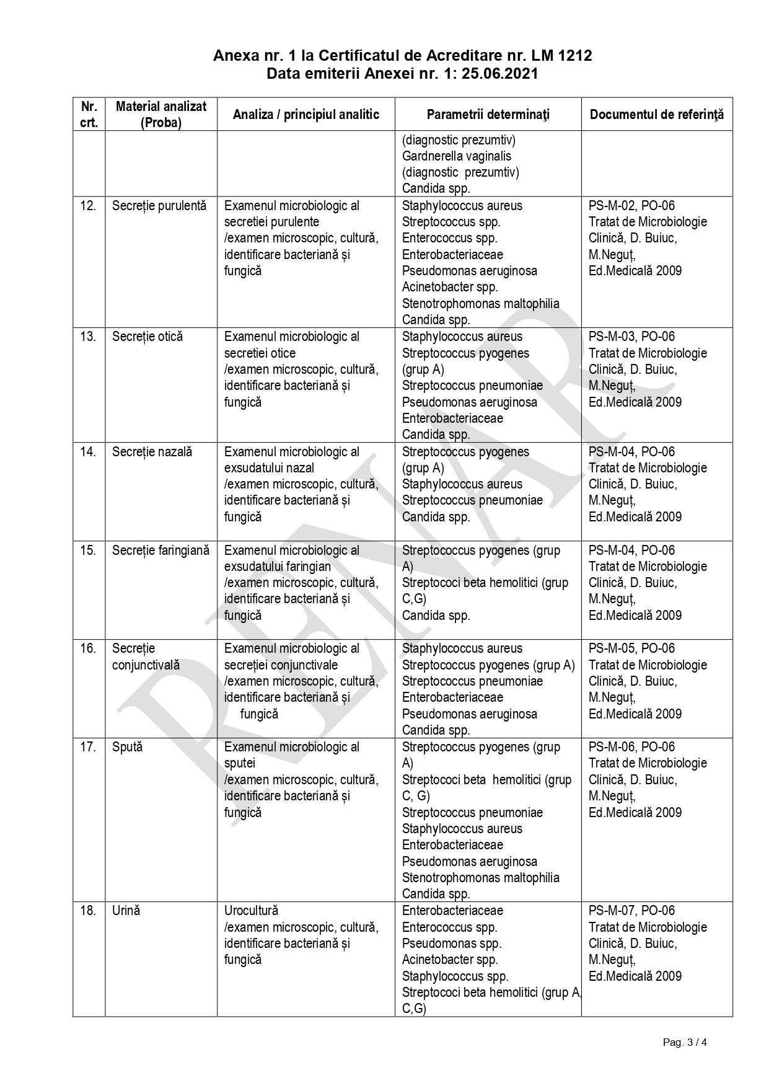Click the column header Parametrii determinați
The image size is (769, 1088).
(488, 115)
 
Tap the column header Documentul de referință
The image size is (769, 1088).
(656, 115)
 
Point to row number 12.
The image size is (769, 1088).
(89, 206)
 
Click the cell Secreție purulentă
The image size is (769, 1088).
(159, 206)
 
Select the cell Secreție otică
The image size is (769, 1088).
(147, 337)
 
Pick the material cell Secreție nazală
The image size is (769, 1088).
(152, 452)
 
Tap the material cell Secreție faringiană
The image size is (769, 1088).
(160, 551)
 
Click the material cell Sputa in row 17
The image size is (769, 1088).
(127, 747)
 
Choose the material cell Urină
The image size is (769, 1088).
(126, 911)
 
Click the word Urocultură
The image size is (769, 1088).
(251, 911)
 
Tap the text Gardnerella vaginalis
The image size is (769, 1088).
(457, 156)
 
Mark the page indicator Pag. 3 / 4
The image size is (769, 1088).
(685, 1042)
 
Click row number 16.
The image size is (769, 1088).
(89, 648)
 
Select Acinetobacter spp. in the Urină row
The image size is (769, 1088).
(450, 960)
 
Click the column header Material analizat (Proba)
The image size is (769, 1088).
(161, 115)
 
